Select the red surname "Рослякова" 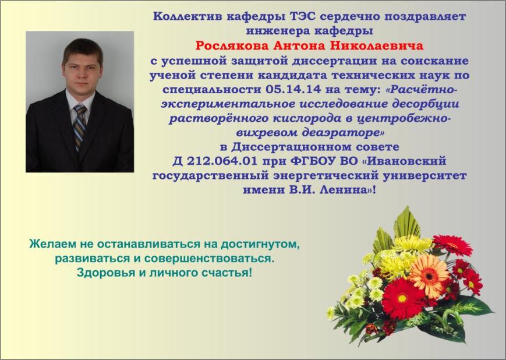tap(232, 45)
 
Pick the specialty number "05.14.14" tap(293, 89)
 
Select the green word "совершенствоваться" tap(209, 259)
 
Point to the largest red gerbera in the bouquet tap(402, 298)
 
